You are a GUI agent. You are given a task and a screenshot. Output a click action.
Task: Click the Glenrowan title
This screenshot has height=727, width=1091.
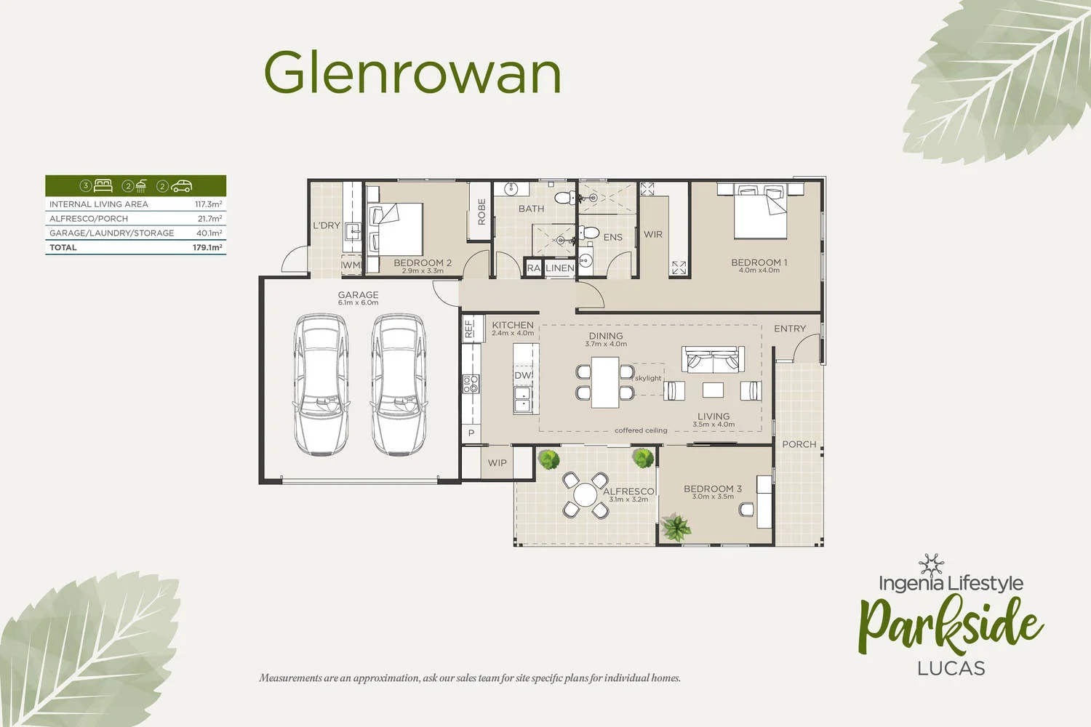(412, 73)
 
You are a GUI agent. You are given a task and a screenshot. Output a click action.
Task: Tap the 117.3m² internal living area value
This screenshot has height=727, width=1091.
(208, 204)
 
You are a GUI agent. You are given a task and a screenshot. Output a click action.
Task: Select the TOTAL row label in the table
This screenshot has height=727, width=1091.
(63, 247)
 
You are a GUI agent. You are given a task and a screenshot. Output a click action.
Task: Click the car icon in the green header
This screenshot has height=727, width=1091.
(181, 186)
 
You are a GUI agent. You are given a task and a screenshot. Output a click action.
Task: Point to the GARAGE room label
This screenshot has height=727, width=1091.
(358, 295)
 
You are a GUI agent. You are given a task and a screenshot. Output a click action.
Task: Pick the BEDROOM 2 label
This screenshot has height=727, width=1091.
(423, 262)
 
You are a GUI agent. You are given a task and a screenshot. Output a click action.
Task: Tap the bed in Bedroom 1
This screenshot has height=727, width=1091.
(760, 212)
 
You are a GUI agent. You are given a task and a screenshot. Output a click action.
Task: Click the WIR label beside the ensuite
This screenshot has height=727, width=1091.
(653, 234)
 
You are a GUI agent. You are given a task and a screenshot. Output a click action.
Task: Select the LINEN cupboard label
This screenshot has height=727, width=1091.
(560, 268)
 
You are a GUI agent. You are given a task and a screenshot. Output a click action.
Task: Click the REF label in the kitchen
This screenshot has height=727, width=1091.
(469, 329)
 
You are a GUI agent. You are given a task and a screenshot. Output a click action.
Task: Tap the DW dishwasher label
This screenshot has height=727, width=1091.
(523, 375)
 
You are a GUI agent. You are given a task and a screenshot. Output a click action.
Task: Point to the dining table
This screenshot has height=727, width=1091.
(604, 382)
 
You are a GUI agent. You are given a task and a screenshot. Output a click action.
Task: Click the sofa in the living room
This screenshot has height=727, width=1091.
(713, 360)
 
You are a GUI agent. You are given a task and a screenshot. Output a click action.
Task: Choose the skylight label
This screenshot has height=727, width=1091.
(648, 378)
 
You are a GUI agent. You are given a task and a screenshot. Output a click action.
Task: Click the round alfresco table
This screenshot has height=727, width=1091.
(585, 495)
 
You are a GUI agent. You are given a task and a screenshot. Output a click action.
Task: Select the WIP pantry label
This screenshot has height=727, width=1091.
(497, 463)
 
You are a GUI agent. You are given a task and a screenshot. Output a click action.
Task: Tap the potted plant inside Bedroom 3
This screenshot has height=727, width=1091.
(677, 527)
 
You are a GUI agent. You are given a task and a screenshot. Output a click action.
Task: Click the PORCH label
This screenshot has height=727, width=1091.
(799, 444)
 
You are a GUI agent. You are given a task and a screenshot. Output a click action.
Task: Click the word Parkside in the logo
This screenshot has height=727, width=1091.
(951, 624)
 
